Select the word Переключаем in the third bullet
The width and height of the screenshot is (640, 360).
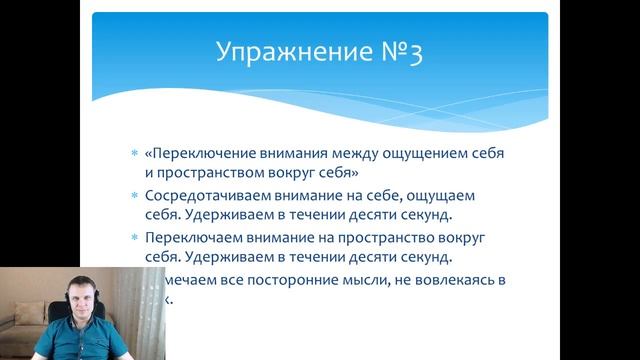189,238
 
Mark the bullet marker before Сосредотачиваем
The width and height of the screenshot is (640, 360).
135,195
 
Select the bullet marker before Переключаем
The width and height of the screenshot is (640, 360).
135,238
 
